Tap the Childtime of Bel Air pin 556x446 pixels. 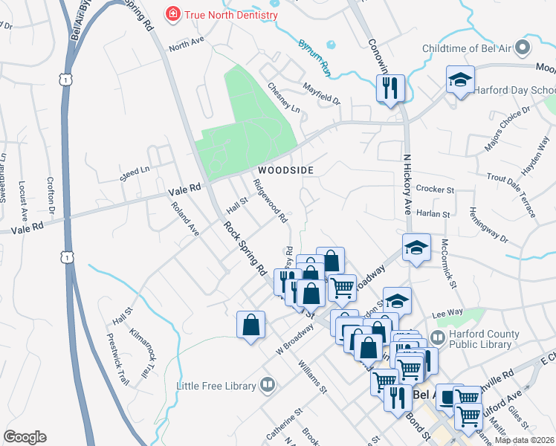tap(523, 48)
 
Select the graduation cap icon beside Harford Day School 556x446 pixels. tap(460, 79)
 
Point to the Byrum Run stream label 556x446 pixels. tap(314, 57)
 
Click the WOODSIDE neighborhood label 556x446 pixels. tap(286, 170)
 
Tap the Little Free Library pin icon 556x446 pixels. tap(268, 386)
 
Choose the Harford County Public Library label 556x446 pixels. tap(482, 339)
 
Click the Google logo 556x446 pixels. tap(25, 437)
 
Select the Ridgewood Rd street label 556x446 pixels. tap(270, 201)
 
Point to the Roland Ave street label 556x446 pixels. tap(185, 219)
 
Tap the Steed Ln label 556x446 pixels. tap(135, 175)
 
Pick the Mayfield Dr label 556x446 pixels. tap(321, 93)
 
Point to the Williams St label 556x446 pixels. tap(312, 378)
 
